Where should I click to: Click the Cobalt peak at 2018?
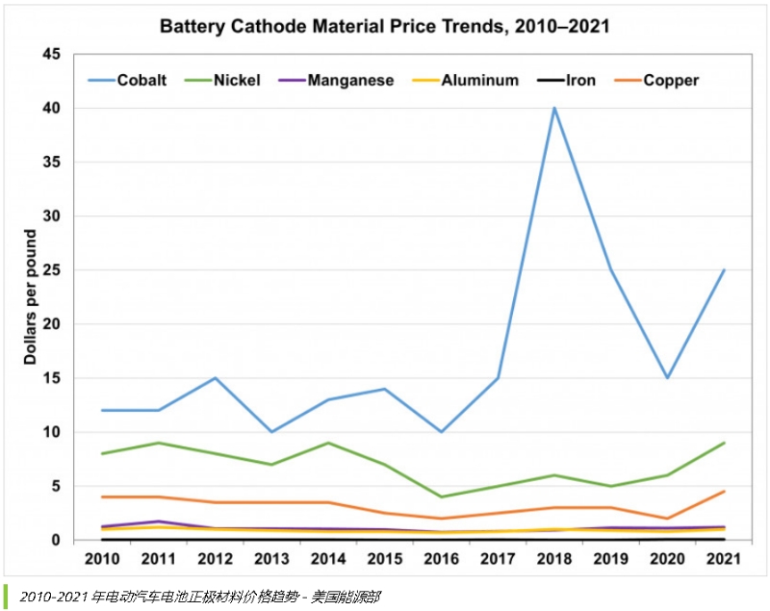click(x=554, y=108)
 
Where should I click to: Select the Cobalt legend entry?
click(x=141, y=80)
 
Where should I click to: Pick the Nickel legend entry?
click(x=234, y=80)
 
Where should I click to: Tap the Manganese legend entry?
click(x=349, y=80)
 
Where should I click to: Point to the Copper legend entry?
click(x=670, y=80)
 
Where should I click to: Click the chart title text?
click(x=384, y=26)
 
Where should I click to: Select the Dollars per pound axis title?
click(x=30, y=296)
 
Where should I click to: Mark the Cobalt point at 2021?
click(x=724, y=270)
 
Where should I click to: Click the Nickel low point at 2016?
click(x=441, y=496)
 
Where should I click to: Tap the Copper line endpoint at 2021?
click(x=724, y=492)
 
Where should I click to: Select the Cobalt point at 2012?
click(x=215, y=378)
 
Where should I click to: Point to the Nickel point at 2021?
click(x=724, y=443)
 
